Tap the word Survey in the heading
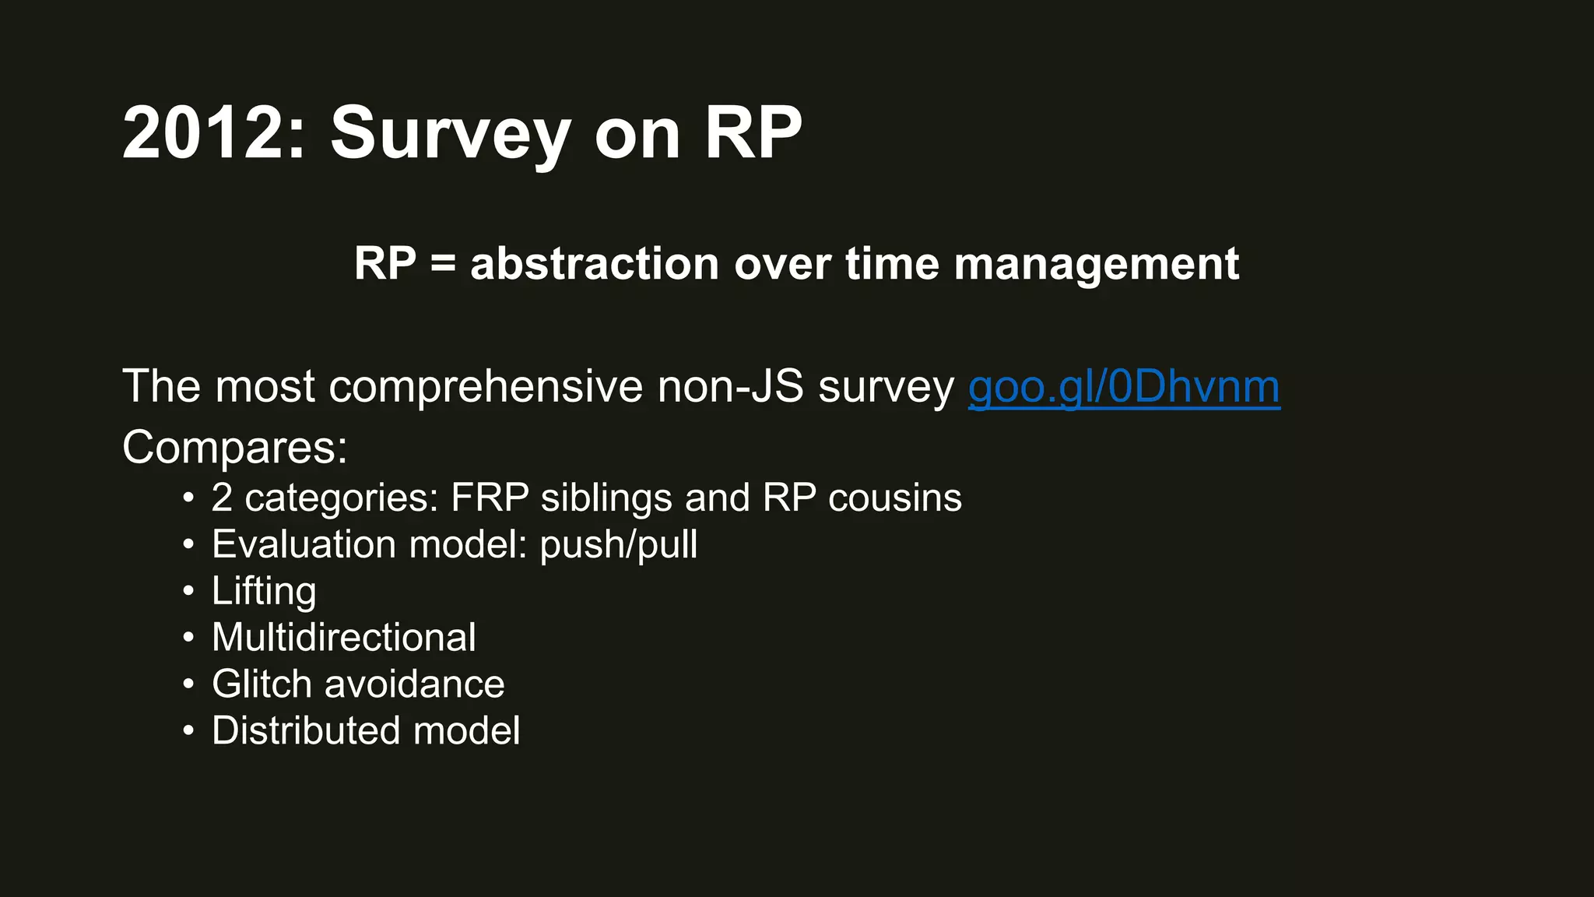coord(450,134)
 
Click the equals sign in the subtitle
coord(442,263)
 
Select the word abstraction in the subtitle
coord(594,263)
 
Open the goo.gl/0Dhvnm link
coord(1123,387)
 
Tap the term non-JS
coord(729,387)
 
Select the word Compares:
coord(234,448)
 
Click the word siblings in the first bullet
coord(606,498)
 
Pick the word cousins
coord(894,498)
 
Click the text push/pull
coord(618,544)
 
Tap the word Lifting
coord(264,591)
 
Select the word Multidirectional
coord(343,638)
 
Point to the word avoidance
coord(414,684)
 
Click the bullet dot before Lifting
coord(188,592)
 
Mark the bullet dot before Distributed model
coord(188,732)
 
